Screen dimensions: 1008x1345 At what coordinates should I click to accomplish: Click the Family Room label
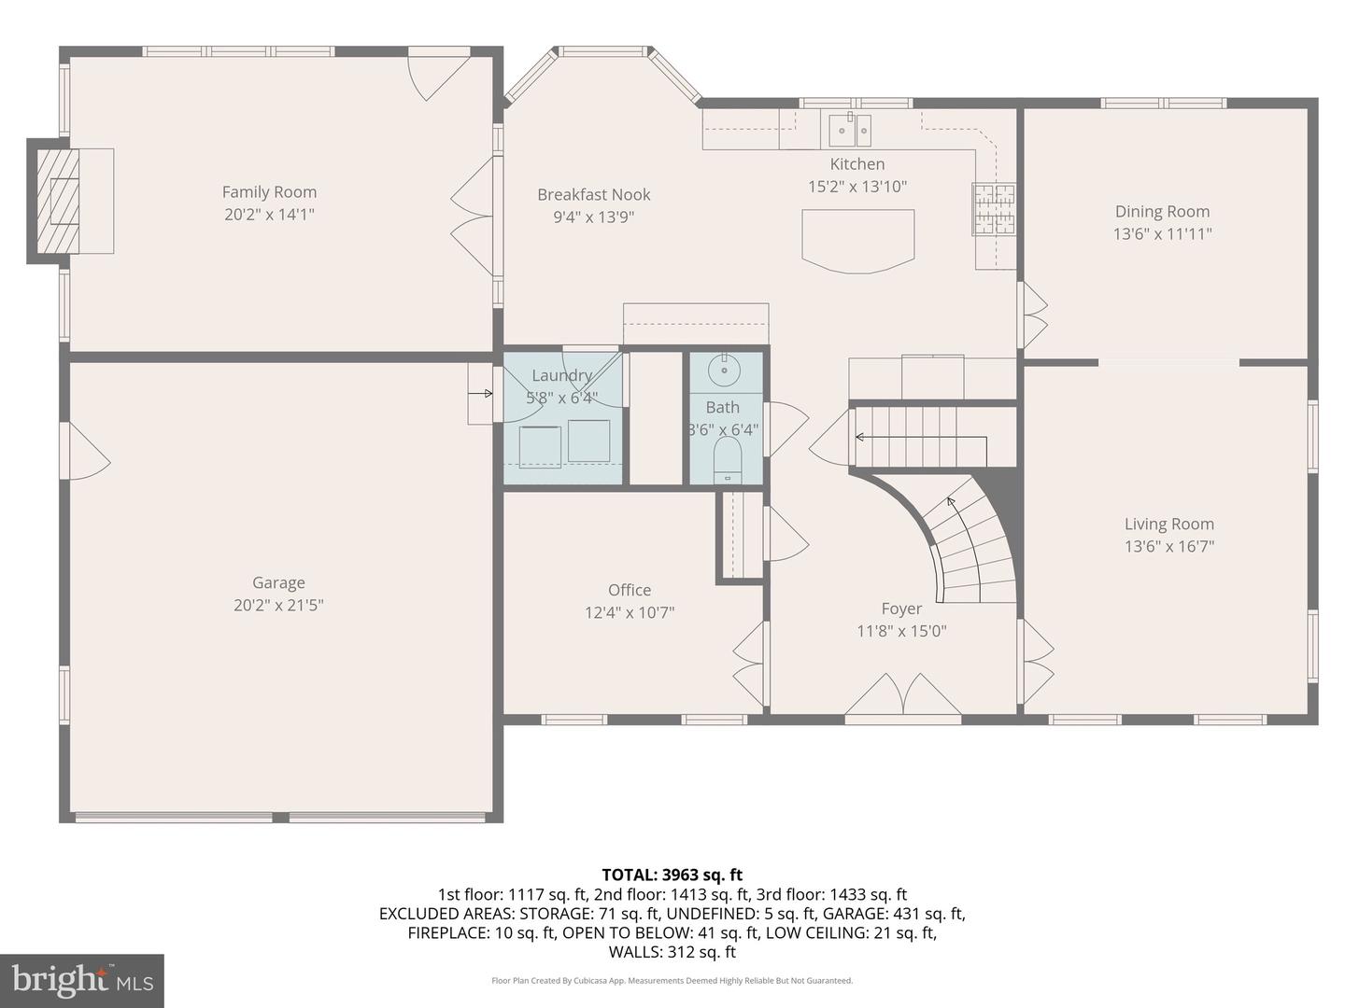[269, 192]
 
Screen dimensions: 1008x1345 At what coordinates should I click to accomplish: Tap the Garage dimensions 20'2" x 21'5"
[278, 605]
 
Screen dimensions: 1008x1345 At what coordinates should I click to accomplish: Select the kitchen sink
[850, 131]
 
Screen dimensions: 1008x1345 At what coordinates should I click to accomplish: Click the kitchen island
[857, 240]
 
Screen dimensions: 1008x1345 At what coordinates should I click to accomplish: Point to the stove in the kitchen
[994, 208]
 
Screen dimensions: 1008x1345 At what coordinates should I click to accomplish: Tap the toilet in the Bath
[727, 460]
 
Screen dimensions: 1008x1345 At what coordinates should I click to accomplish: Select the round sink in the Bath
[723, 371]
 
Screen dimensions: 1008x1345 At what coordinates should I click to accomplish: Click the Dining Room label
[1162, 212]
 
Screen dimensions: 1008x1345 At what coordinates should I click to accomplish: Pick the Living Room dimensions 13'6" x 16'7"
[1168, 547]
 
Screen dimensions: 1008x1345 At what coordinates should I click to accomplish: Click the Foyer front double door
[902, 698]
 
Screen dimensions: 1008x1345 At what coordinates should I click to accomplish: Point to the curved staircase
[971, 546]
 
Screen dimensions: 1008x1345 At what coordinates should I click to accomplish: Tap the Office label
[630, 590]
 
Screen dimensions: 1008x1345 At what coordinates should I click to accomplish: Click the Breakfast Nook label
[593, 195]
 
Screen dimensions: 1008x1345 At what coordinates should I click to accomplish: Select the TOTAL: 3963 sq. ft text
[672, 875]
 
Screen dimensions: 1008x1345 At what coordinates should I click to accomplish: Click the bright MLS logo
[82, 980]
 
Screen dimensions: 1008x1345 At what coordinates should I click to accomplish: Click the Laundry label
[561, 375]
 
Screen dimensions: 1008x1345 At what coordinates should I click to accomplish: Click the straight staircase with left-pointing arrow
[920, 436]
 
